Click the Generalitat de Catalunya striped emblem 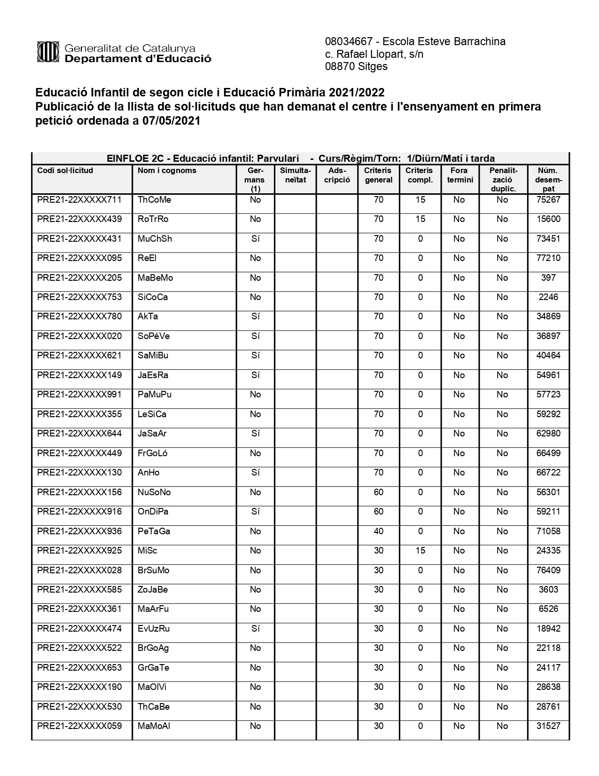pos(47,52)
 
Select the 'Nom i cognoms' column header pos(167,171)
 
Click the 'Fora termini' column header pos(460,175)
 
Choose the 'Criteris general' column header pos(378,175)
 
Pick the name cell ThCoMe pos(154,200)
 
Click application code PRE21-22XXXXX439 pos(79,219)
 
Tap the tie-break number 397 pos(548,278)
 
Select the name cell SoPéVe pos(154,336)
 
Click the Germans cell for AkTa pos(255,317)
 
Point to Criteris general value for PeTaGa pos(378,531)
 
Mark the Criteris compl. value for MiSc pos(420,551)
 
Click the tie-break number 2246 pos(548,297)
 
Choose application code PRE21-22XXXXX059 pos(79,726)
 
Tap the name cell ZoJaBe pos(153,590)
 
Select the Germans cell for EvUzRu pos(255,629)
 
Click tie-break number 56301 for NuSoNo pos(548,492)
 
